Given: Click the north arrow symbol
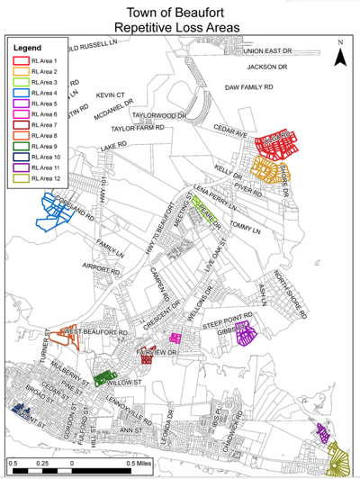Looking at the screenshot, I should pos(340,56).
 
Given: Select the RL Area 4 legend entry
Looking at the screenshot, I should pos(44,91).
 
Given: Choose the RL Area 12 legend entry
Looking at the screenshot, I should pos(46,177).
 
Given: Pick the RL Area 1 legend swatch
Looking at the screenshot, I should pos(21,59).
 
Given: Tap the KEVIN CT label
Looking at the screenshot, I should pos(112,94).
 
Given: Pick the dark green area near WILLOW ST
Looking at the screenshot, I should pos(105,377).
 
